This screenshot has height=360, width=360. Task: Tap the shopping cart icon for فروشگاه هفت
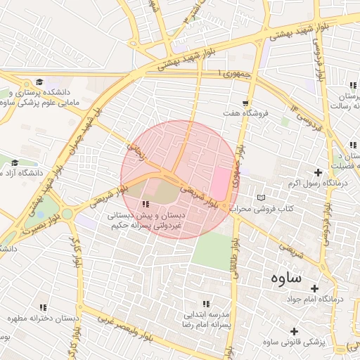point(245,103)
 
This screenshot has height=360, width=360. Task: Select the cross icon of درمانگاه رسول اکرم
point(319,172)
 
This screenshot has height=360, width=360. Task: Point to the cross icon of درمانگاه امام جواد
point(314,288)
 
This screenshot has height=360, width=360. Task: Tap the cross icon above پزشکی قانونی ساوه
point(294,330)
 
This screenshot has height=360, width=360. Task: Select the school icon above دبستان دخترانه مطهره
point(44,307)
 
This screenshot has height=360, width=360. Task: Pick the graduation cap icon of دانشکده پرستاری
point(39,82)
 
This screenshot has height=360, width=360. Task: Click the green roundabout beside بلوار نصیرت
point(67,213)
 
